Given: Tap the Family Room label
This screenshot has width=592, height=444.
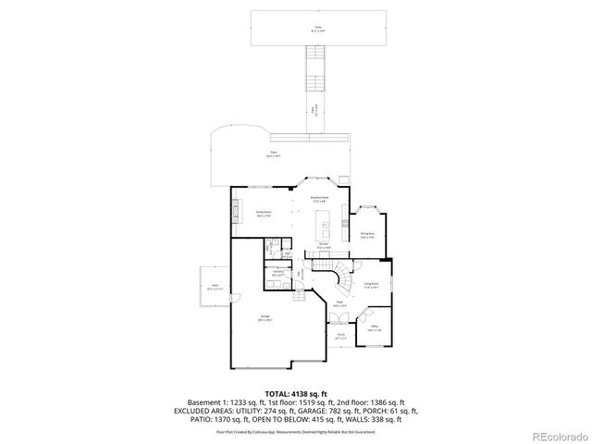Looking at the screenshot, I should [263, 214].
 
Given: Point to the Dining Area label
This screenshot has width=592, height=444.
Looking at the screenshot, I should [366, 235].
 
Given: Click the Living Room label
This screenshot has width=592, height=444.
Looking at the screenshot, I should [371, 286].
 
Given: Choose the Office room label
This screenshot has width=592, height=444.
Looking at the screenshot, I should [375, 328].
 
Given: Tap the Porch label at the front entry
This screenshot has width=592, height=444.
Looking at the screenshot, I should [341, 336].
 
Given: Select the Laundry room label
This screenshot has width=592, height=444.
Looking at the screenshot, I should [277, 272].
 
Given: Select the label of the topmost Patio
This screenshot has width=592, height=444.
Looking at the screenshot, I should [318, 30].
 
